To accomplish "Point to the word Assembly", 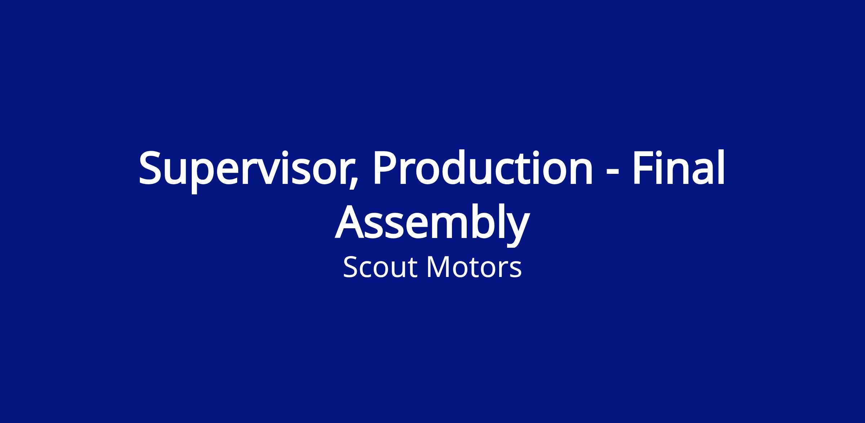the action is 432,224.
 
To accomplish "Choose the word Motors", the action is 474,267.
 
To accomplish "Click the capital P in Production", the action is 385,168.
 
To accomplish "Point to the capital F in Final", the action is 643,168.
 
